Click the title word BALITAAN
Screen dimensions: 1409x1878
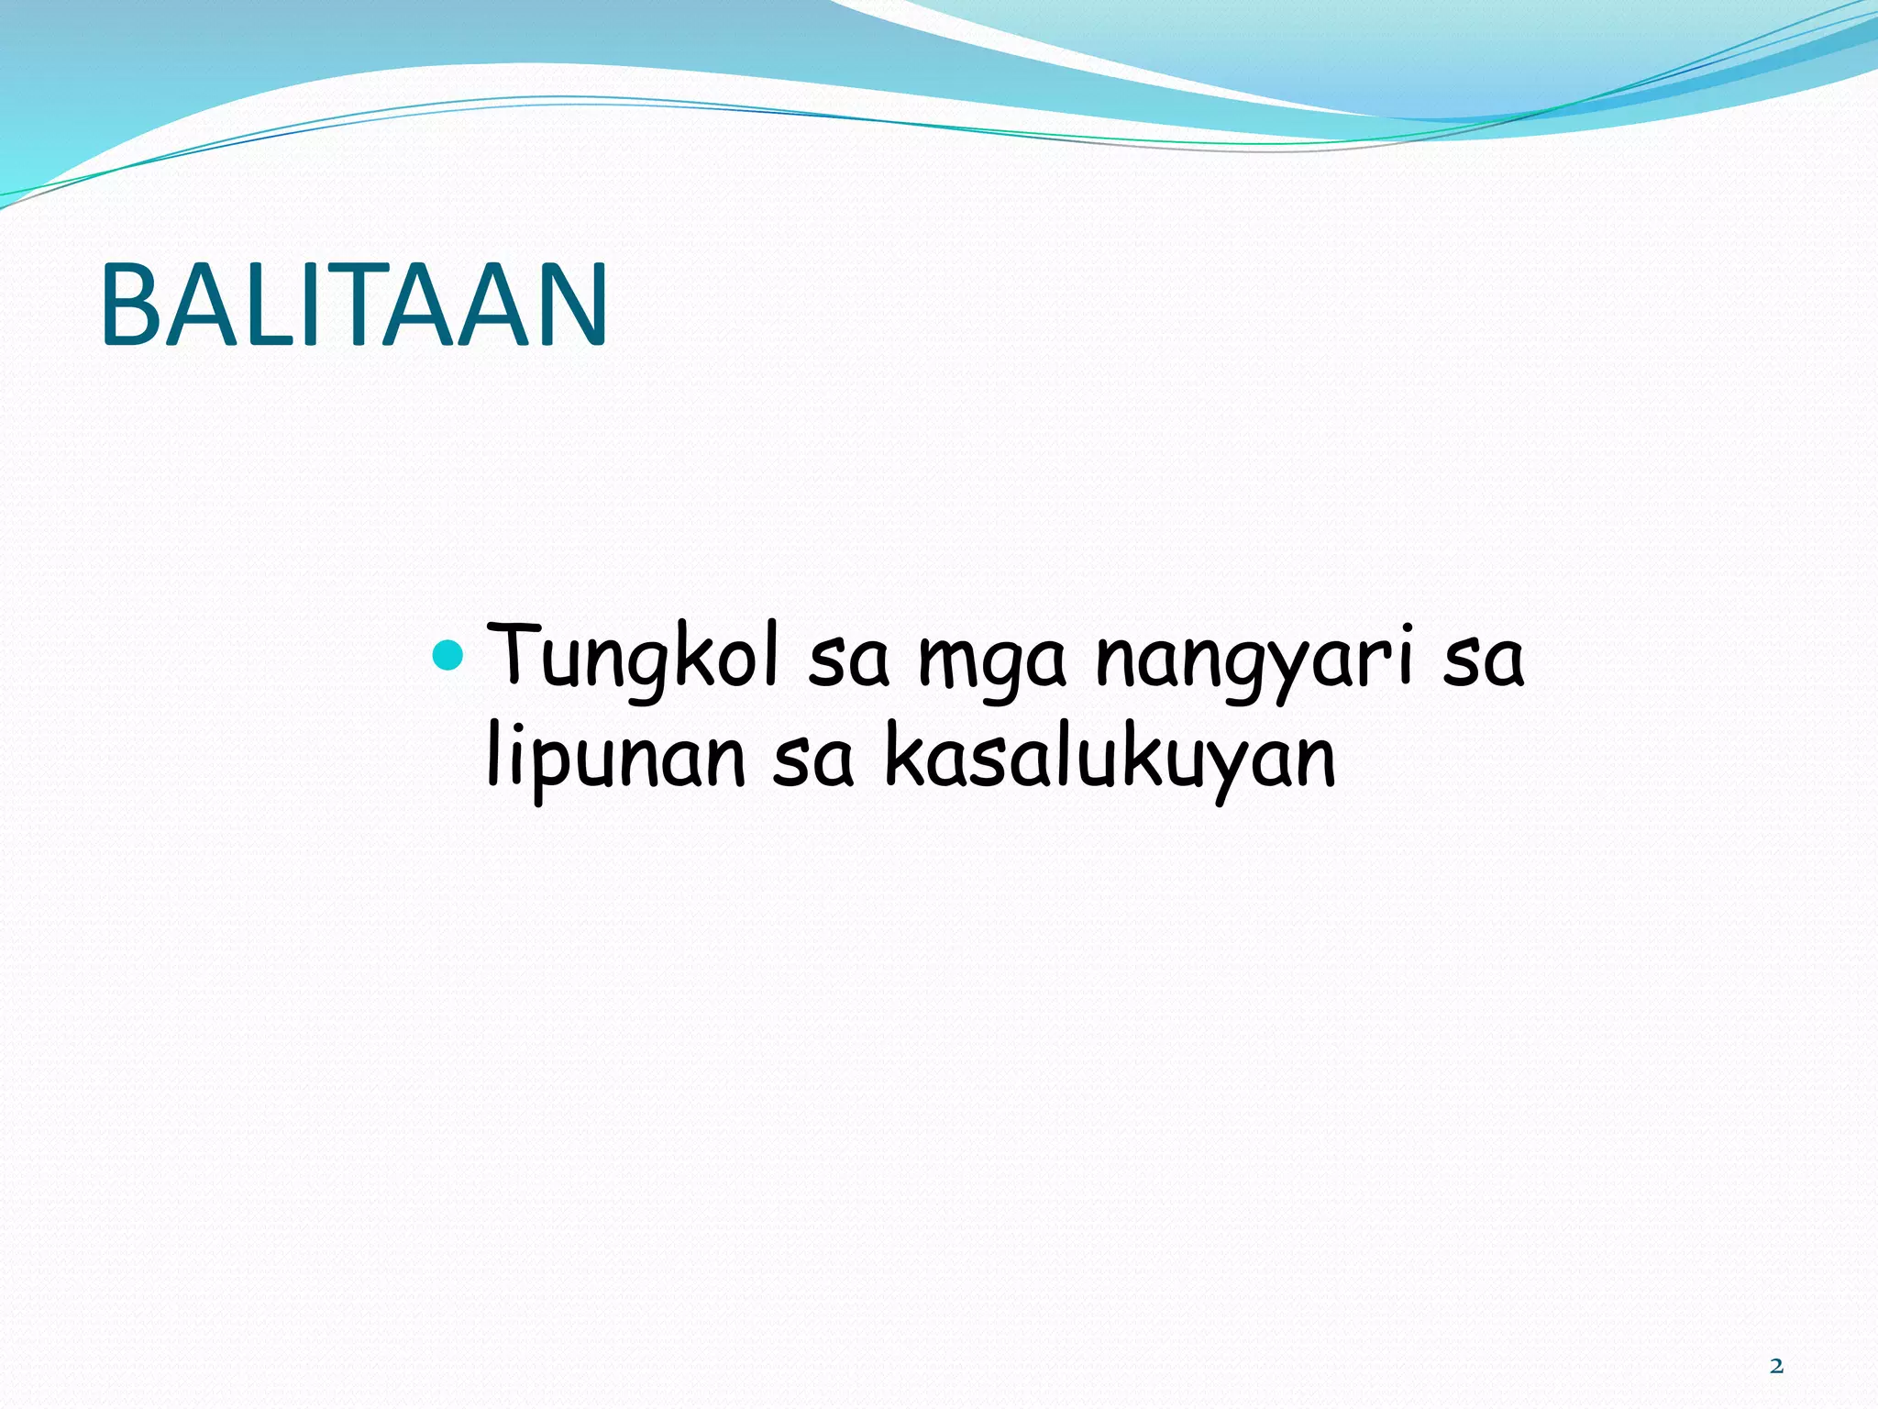pyautogui.click(x=354, y=305)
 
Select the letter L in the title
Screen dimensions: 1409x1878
pyautogui.click(x=279, y=305)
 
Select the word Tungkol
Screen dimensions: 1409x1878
pyautogui.click(x=632, y=657)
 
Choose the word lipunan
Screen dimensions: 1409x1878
pyautogui.click(x=615, y=761)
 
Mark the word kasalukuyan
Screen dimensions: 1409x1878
pyautogui.click(x=1110, y=761)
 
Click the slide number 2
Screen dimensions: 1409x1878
pyautogui.click(x=1776, y=1366)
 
